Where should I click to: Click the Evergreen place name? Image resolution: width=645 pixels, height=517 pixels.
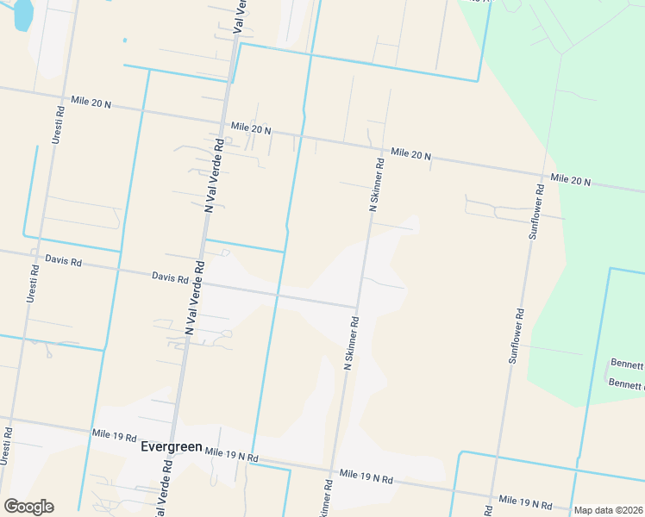click(x=171, y=447)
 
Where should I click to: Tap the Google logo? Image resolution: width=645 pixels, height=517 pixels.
click(x=28, y=507)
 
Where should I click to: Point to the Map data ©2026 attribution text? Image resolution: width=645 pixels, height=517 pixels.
click(x=608, y=510)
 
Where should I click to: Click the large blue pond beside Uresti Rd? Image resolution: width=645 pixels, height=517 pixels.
click(x=22, y=13)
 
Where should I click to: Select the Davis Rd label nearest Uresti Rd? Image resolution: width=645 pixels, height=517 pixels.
click(x=63, y=259)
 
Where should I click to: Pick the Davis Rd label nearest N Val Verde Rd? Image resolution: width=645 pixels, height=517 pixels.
click(x=170, y=277)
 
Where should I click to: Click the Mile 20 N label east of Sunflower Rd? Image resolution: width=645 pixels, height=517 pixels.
click(x=570, y=180)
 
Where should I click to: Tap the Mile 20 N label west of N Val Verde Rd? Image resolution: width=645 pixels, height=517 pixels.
click(x=91, y=103)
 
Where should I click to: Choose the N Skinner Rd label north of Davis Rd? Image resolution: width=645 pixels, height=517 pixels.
click(x=376, y=184)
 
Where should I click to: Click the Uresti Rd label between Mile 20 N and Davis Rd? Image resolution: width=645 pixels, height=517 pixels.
click(x=57, y=125)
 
